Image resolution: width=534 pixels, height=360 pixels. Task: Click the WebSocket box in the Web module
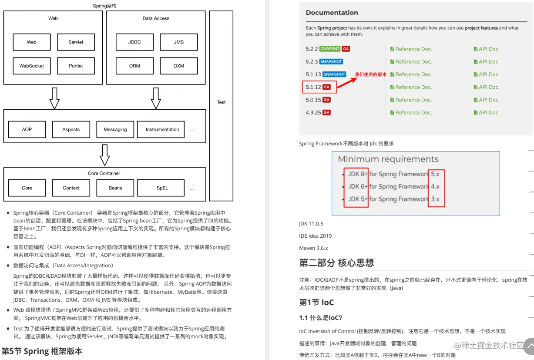[x=32, y=66]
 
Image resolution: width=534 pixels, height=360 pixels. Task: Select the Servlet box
[x=76, y=42]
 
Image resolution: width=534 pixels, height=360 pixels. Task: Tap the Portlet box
[x=76, y=66]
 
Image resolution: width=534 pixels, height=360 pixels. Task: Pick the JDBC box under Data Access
[x=134, y=42]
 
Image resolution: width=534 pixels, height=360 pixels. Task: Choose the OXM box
[x=178, y=66]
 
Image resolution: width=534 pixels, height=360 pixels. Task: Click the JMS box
[x=178, y=42]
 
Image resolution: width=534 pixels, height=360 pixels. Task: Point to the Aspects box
[x=71, y=130]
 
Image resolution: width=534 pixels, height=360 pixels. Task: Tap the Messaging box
[x=115, y=130]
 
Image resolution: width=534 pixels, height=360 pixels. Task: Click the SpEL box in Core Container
[x=162, y=188]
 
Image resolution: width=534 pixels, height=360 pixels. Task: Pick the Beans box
[x=115, y=188]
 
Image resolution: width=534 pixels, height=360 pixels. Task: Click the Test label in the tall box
[x=221, y=102]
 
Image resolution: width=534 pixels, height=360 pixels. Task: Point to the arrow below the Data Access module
[x=156, y=98]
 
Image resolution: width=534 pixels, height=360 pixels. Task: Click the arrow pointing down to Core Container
[x=104, y=155]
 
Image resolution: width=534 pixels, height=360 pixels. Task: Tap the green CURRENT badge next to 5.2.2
[x=329, y=49]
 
